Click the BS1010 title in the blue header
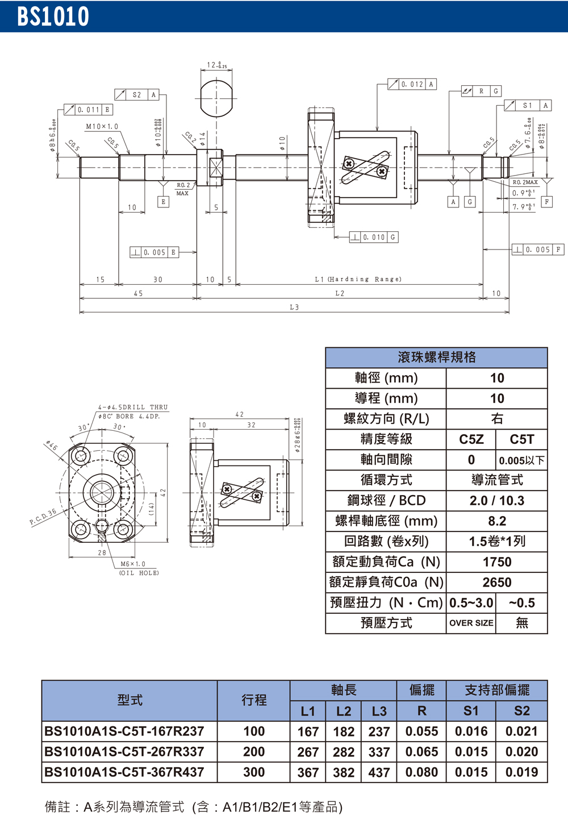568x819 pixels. click(53, 16)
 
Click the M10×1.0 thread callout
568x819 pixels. click(102, 127)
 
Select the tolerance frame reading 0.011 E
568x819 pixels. click(88, 110)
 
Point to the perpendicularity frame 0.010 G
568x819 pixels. click(374, 237)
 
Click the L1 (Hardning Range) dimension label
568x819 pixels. click(358, 279)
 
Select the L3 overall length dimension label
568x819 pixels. click(294, 307)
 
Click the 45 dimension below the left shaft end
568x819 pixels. click(138, 293)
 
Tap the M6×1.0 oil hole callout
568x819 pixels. click(133, 564)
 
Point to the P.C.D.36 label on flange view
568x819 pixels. click(43, 517)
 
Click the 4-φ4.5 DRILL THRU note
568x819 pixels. click(133, 407)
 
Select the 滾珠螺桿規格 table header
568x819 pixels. click(436, 357)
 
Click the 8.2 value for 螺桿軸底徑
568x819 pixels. click(496, 521)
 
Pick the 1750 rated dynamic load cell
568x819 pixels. click(496, 562)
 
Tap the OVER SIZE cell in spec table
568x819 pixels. click(471, 623)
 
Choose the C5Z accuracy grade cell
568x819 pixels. click(471, 439)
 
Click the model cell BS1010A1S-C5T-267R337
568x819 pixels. click(124, 751)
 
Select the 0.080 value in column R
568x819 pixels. click(421, 772)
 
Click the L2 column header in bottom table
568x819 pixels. click(344, 711)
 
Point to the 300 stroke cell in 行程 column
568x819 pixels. click(254, 772)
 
